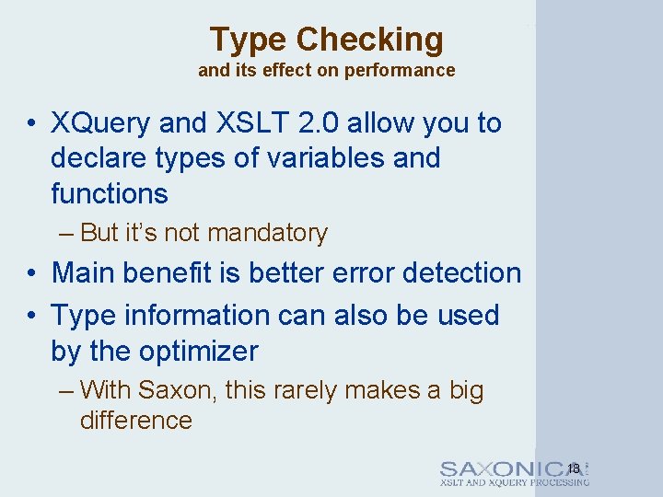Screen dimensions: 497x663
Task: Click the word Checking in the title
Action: click(369, 40)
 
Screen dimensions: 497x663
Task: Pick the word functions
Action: click(110, 194)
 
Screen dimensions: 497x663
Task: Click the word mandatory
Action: click(267, 234)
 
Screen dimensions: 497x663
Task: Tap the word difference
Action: click(136, 421)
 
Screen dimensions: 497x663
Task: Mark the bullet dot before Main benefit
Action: click(31, 274)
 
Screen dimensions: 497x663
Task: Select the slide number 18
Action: click(574, 468)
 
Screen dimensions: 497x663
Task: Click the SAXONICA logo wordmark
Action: click(513, 468)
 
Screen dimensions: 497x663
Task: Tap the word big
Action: click(466, 390)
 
